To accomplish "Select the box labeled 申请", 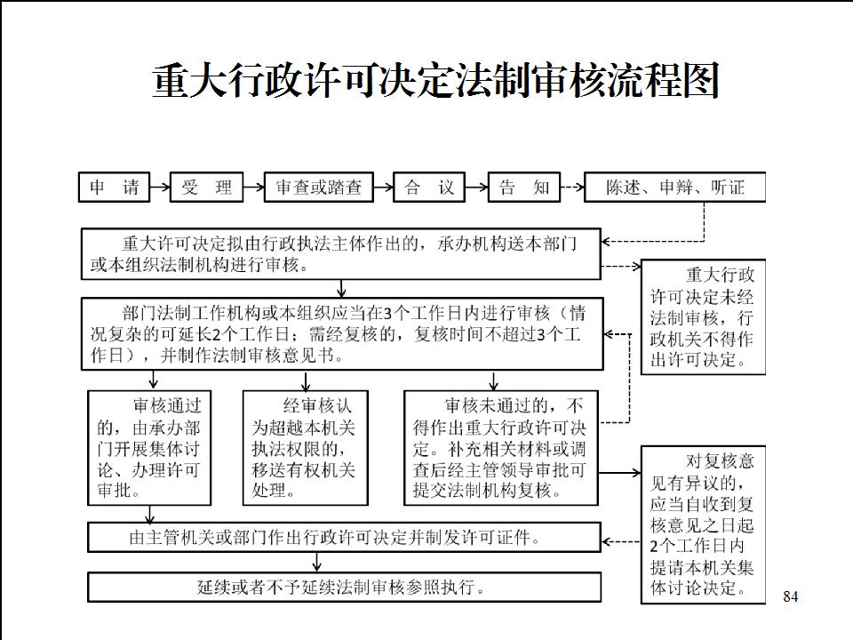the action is coord(115,188).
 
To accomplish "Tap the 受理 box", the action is coord(207,188).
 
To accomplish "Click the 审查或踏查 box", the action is coord(319,188).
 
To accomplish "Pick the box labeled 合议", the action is coord(429,188).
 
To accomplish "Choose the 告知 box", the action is coord(524,188).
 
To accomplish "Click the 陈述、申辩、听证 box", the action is coord(675,188).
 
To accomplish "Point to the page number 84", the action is coord(791,596).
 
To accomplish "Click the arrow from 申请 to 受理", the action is coord(160,188).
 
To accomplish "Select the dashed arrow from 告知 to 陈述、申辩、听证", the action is coord(572,188).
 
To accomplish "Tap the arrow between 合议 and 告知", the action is coord(477,188).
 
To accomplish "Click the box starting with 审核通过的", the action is coord(149,448).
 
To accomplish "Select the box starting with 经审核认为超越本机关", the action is coord(305,448).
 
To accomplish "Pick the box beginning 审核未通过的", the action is coord(501,448).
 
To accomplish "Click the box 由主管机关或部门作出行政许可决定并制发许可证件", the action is coord(345,538).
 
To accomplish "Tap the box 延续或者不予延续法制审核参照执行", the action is coord(345,588).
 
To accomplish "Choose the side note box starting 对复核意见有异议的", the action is coord(704,525).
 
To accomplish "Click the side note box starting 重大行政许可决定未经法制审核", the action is coord(704,317).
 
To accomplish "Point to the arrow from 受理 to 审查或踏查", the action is coord(254,188).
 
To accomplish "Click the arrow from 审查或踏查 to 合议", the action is coord(384,188).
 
